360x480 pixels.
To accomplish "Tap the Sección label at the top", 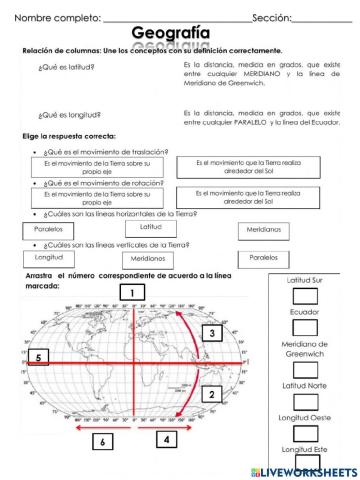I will [x=271, y=17].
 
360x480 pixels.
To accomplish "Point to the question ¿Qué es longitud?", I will [x=66, y=116].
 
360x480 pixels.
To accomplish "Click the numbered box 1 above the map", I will [x=131, y=292].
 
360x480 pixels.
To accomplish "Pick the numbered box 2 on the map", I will [x=211, y=394].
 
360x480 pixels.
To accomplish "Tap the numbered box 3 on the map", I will [x=211, y=333].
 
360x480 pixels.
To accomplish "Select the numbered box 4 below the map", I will [x=166, y=438].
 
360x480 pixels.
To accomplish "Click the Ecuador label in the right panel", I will [x=304, y=312].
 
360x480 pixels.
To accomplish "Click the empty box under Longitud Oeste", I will [x=305, y=433].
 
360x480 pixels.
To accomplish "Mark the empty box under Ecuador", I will [x=305, y=326].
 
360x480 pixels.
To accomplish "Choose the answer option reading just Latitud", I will [x=150, y=228].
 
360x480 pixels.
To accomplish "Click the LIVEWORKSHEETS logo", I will [x=310, y=469].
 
